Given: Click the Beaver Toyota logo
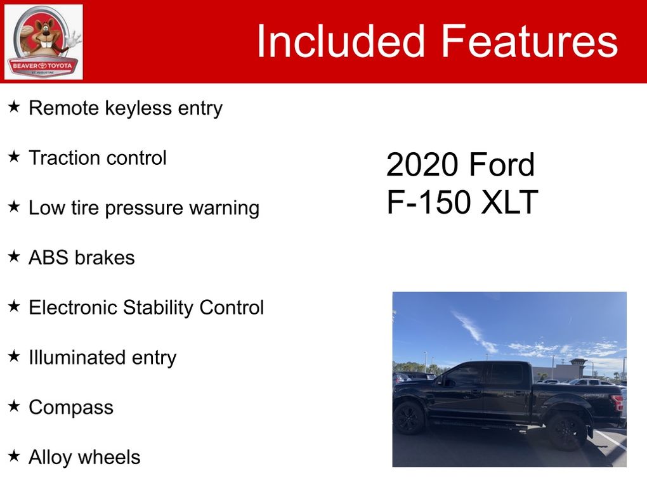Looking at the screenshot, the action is [x=43, y=42].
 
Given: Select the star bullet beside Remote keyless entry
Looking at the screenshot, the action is [x=13, y=107].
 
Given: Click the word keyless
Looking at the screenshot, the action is [x=138, y=108].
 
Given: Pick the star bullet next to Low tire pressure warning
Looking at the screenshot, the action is [x=13, y=207].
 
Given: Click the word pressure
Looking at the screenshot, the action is [x=144, y=209].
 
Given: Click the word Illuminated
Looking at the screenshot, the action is [x=77, y=358].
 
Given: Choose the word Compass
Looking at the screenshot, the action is [x=71, y=408].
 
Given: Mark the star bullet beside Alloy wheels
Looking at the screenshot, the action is [x=13, y=456].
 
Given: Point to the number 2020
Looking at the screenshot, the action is [x=422, y=165].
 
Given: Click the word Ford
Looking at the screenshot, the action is [x=502, y=165].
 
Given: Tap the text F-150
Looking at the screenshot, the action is [x=429, y=202].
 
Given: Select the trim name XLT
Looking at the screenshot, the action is [x=509, y=202].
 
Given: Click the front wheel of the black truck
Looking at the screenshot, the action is [x=408, y=418].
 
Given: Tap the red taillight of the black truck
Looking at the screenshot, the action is [x=618, y=403].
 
